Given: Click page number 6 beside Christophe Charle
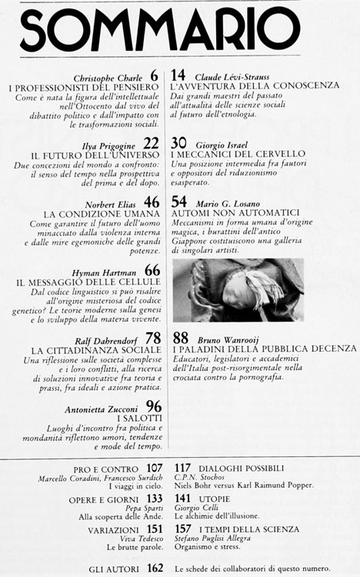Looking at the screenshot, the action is [155, 75].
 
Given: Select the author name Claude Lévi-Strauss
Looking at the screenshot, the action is [232, 76].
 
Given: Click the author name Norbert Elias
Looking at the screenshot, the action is [114, 203].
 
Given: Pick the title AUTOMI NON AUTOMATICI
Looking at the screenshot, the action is [231, 215].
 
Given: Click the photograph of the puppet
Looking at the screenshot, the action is [238, 289].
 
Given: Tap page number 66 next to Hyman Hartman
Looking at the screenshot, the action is [152, 271].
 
